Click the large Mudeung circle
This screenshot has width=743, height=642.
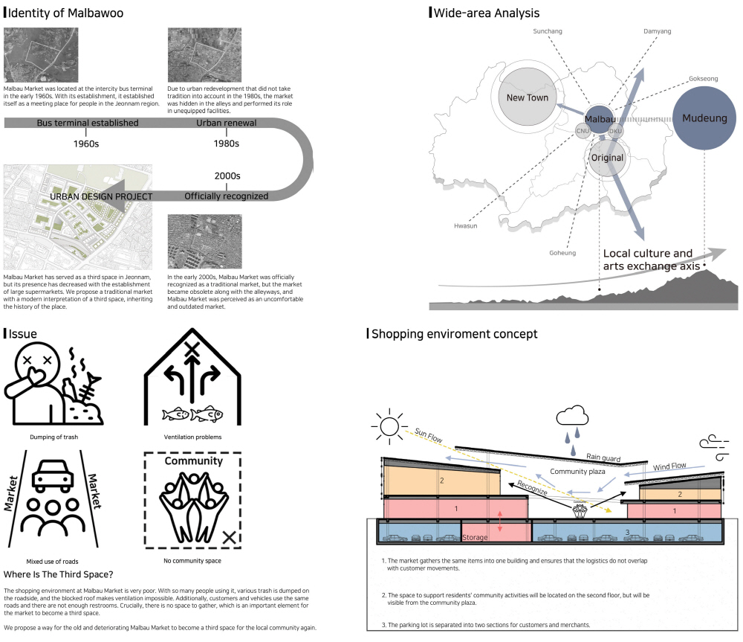coord(704,118)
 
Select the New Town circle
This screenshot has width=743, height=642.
coord(528,97)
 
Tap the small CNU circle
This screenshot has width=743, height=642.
coord(582,131)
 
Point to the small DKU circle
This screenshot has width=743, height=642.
coord(615,131)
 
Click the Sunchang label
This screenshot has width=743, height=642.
coord(548,31)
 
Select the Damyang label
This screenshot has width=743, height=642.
coord(657,31)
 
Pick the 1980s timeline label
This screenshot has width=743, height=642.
coord(226,143)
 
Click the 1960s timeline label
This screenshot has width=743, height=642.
coord(88,143)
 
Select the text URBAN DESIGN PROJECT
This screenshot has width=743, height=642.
coord(101,196)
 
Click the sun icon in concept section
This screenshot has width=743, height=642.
coord(388,427)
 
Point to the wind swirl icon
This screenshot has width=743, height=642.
coord(713,446)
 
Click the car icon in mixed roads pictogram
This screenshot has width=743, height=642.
coord(54,473)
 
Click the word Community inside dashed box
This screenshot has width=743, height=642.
coord(193,461)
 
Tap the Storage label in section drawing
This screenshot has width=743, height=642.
coord(475,537)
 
